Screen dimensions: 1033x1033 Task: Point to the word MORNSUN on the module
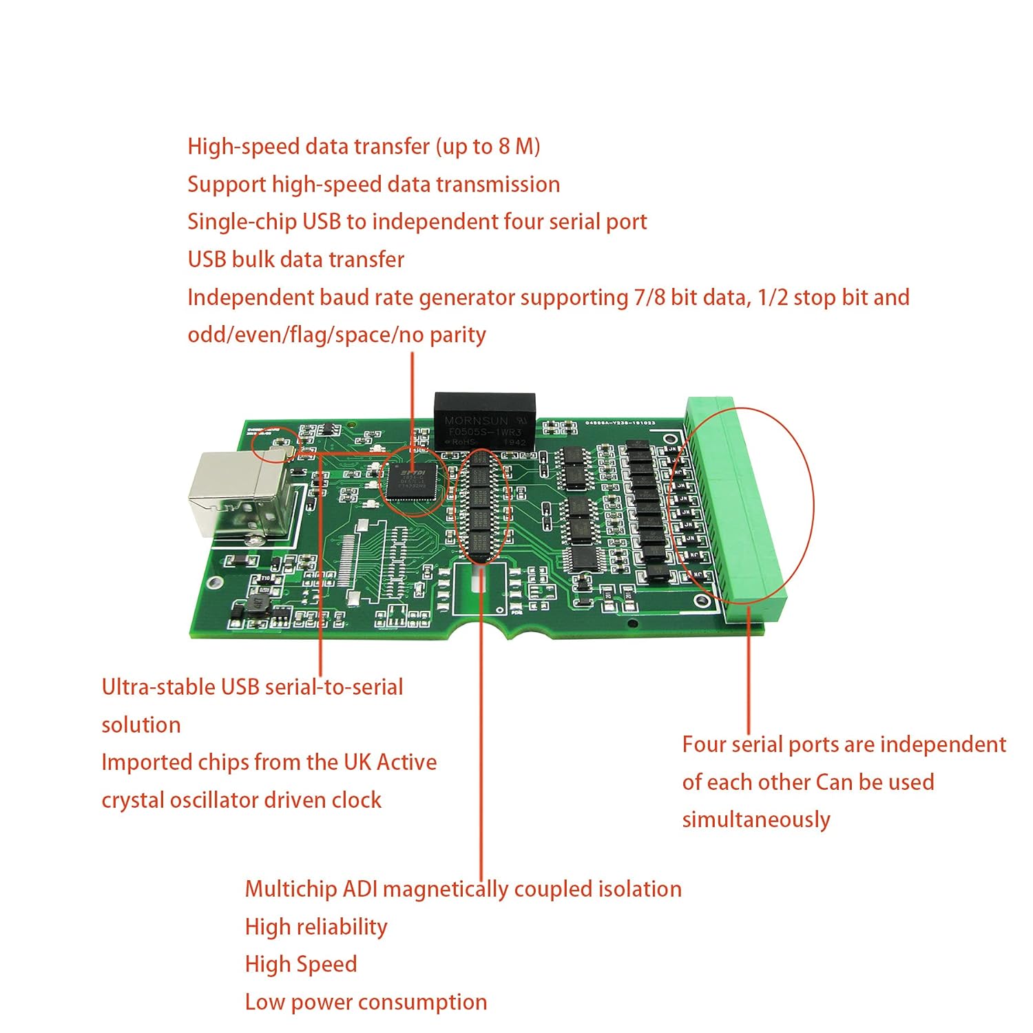pos(476,419)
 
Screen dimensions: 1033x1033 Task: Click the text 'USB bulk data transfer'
pos(295,260)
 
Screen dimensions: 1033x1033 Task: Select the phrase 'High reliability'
pos(316,927)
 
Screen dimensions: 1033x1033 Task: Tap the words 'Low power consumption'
pos(366,1002)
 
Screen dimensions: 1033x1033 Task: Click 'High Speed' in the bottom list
pos(301,964)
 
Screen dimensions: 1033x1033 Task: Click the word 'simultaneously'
pos(755,820)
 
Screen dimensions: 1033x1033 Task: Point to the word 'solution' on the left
pos(141,725)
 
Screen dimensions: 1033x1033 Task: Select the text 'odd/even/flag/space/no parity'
pos(336,335)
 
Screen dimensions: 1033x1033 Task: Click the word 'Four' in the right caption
pos(705,744)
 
